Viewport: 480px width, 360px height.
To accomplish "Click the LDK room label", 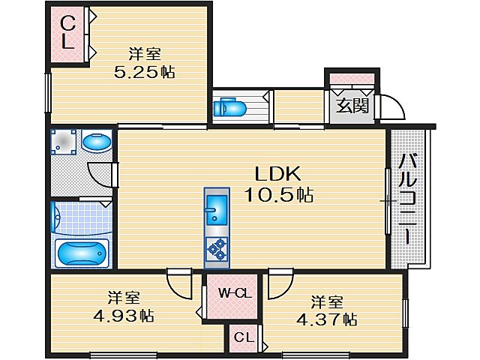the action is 278,173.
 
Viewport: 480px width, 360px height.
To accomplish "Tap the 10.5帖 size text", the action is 278,195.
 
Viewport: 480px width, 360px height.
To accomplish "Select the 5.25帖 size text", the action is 145,72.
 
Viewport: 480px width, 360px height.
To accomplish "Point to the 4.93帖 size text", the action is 123,316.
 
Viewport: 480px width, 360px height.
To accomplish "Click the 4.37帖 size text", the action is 327,319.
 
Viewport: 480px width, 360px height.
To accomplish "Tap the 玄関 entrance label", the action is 352,106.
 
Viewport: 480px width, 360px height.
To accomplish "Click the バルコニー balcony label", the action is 408,199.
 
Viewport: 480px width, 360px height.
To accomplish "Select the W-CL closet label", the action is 235,293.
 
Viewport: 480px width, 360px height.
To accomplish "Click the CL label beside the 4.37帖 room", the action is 244,337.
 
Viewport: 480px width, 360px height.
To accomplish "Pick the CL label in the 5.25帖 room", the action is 67,32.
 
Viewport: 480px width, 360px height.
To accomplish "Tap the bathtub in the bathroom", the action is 82,253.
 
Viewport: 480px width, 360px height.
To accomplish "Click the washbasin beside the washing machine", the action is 97,142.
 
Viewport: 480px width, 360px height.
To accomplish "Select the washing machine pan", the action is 63,142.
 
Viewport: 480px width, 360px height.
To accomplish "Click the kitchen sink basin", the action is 217,210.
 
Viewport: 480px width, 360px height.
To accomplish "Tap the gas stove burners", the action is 217,249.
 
